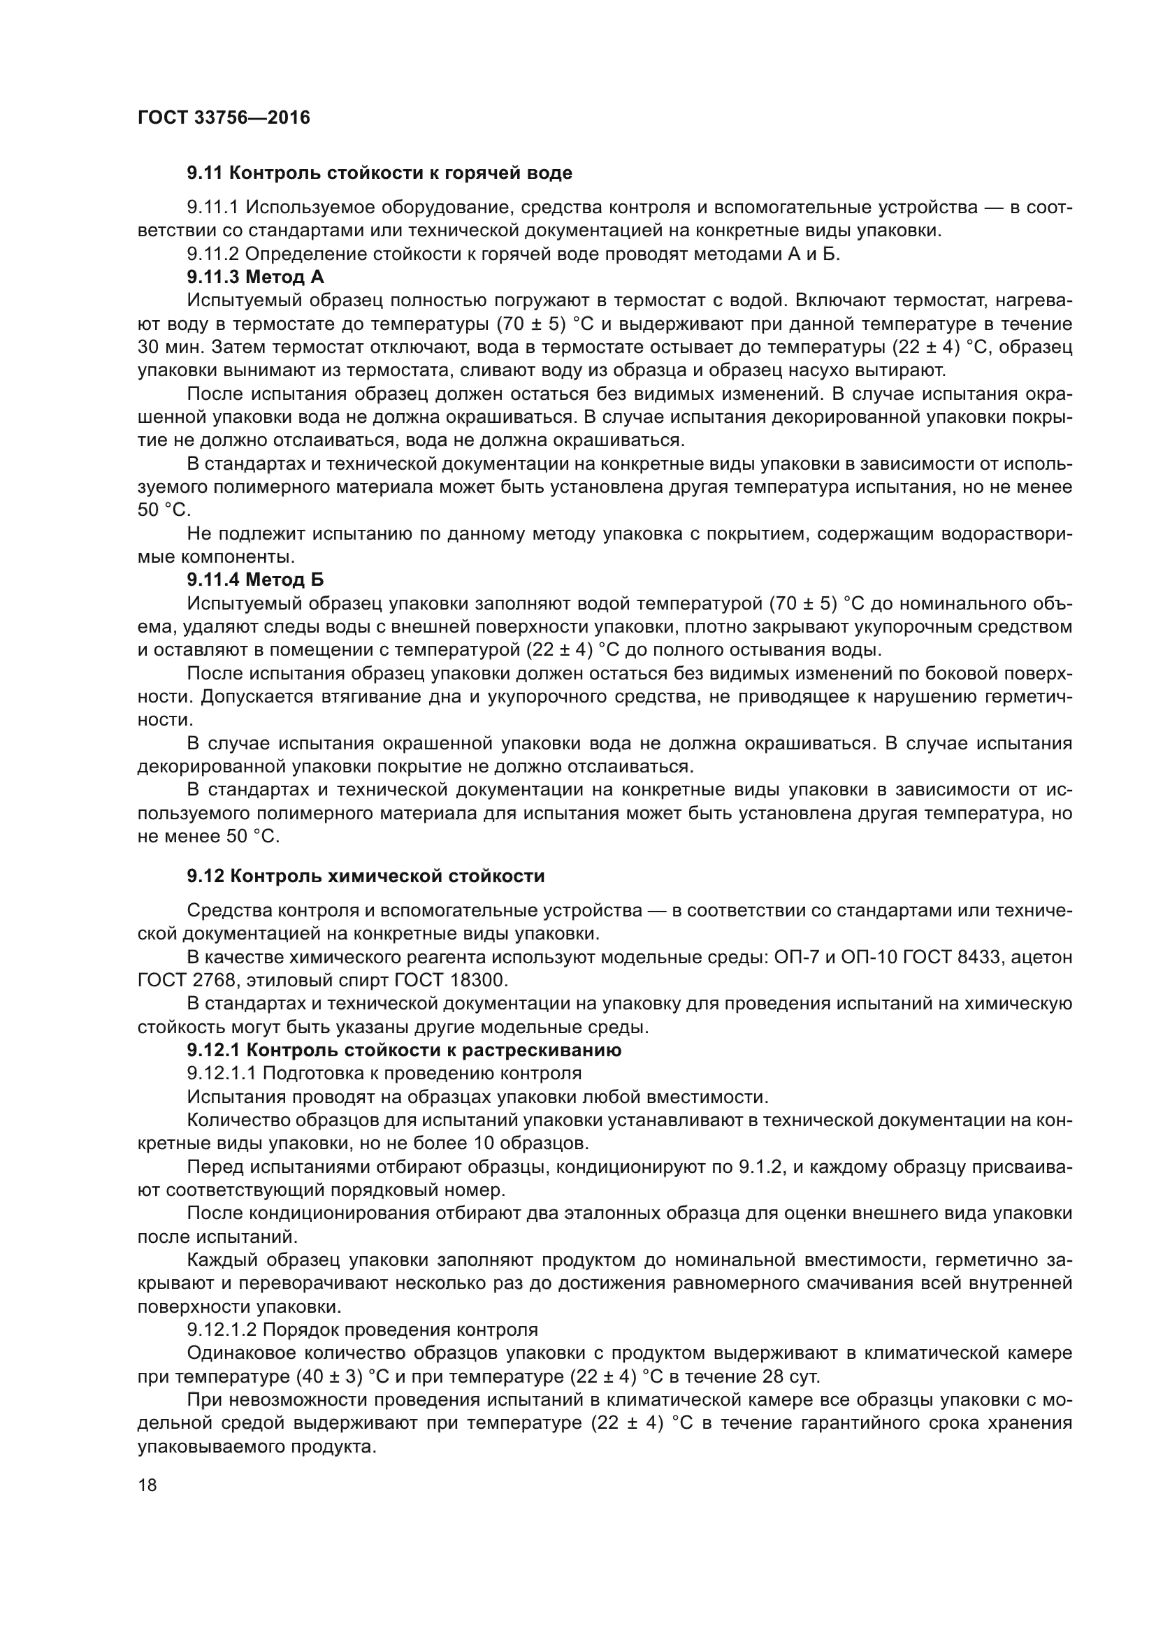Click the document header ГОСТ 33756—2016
click(x=224, y=117)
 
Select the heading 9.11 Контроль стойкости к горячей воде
click(x=380, y=173)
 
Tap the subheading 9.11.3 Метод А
click(x=256, y=277)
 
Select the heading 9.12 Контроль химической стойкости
click(x=366, y=876)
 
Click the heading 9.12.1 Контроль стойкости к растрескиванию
click(x=404, y=1051)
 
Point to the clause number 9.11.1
click(x=215, y=207)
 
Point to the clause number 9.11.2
click(x=215, y=254)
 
